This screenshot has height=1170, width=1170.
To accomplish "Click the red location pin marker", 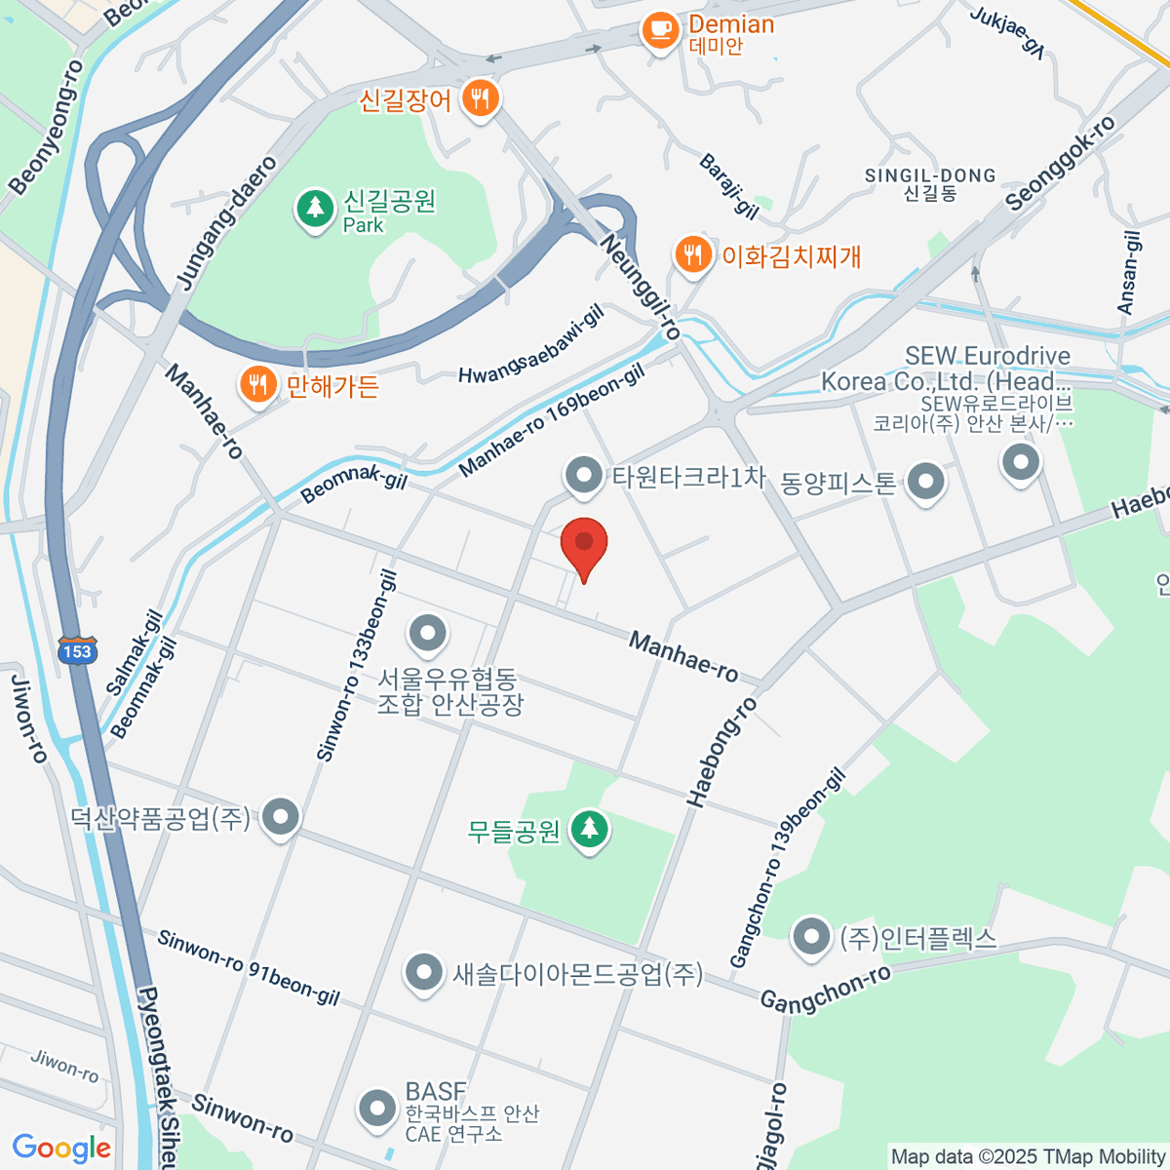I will [x=584, y=544].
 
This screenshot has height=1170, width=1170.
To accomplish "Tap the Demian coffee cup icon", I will [x=660, y=30].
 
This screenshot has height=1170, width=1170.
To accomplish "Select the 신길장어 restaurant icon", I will [x=479, y=98].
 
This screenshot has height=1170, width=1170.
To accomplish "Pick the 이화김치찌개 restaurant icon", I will [x=692, y=255].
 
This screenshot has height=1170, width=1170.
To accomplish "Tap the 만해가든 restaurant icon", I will [x=257, y=385].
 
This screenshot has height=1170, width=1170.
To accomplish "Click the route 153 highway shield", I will [x=76, y=652].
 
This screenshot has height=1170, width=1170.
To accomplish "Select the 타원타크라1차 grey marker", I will [x=584, y=477].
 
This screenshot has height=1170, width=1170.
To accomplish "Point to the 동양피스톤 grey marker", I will [x=924, y=481].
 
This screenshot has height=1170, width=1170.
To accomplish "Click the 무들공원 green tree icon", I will [x=588, y=830].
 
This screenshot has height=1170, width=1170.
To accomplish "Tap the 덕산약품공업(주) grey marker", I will [x=281, y=816].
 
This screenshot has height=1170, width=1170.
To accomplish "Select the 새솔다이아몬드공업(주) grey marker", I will [x=423, y=972].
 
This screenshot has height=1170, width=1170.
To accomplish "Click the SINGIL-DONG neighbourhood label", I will [x=930, y=183].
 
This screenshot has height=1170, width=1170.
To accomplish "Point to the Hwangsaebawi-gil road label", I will [x=530, y=348].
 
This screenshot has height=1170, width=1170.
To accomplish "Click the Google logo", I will [x=61, y=1149].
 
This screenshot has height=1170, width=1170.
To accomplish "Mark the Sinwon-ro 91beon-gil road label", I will [x=249, y=968].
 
